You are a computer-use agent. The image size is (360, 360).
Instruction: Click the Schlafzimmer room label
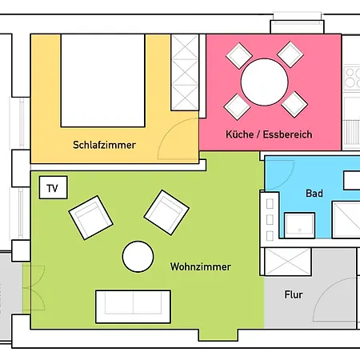[x=104, y=145]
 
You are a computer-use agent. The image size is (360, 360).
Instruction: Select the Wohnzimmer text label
[x=201, y=266]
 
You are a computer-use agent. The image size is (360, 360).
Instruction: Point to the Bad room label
[x=314, y=194]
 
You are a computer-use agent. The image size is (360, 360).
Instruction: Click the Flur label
[x=294, y=294]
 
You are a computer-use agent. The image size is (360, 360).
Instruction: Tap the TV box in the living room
[x=53, y=189]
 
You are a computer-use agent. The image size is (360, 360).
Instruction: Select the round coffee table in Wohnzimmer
[x=138, y=257]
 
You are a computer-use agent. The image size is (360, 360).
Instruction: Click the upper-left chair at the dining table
[x=238, y=55]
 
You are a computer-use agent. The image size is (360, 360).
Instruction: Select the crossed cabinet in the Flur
[x=287, y=261]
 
